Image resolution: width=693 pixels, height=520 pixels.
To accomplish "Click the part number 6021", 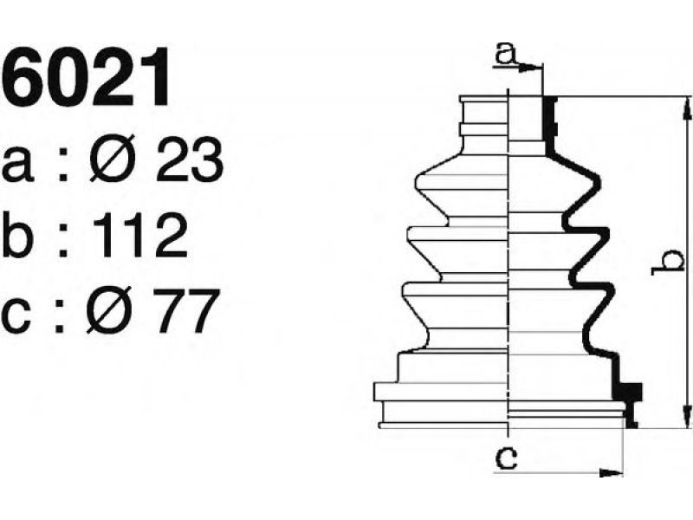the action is (x=85, y=77).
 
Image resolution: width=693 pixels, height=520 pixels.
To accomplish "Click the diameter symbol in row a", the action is (x=111, y=159).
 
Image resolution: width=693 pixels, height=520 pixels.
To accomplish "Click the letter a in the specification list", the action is (x=17, y=165).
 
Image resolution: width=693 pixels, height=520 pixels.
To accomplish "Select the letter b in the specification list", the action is (x=17, y=235).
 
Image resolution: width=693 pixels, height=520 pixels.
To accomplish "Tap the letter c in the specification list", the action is (x=16, y=315).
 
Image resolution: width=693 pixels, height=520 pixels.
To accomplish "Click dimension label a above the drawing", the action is (x=506, y=53).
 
